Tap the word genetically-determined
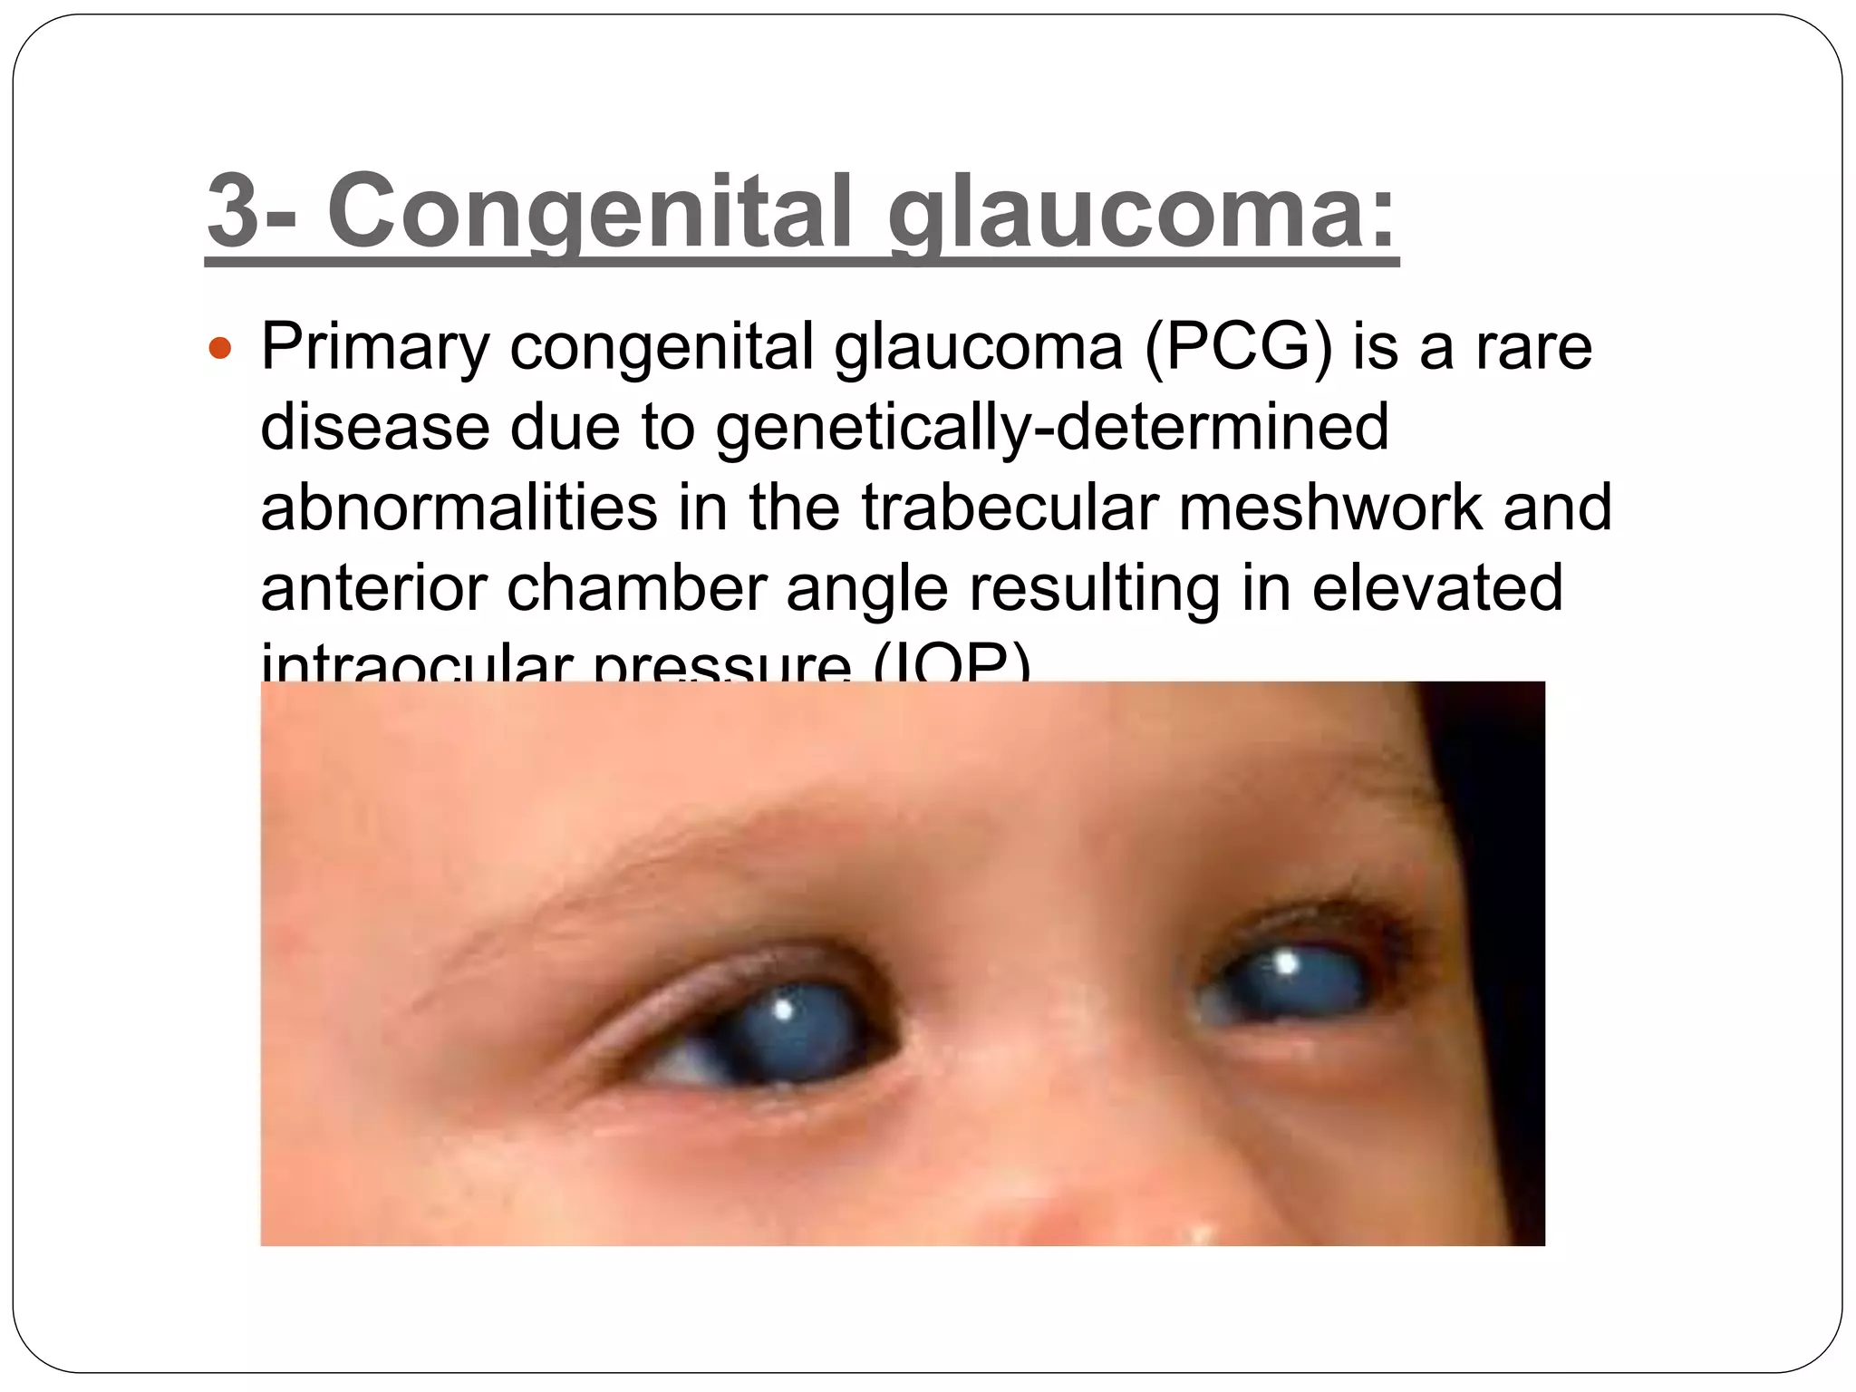1051,428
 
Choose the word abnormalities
459,507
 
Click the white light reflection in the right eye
1285,962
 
